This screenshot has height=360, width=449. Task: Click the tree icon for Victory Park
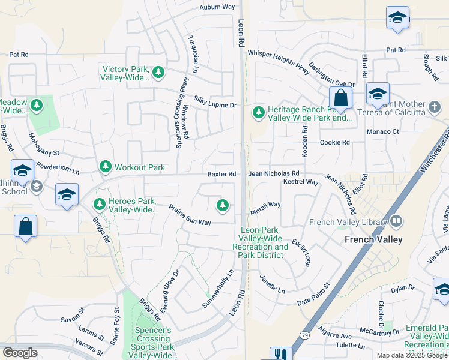tap(158, 73)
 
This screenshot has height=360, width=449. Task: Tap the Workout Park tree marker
tap(106, 166)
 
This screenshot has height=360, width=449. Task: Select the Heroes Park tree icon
tap(98, 205)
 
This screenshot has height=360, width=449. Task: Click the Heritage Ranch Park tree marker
tap(258, 112)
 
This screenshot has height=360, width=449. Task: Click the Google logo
tap(20, 353)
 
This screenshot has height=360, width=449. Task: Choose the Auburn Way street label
tap(217, 7)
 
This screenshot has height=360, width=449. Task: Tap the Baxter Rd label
tap(221, 174)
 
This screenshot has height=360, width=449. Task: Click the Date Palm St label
tap(313, 293)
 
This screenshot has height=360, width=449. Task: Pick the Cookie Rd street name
tap(334, 143)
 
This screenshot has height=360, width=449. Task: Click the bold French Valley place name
tap(373, 239)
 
